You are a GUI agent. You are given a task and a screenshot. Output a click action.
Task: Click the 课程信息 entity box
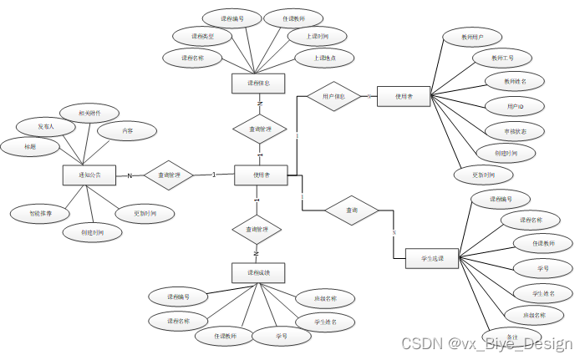click(x=258, y=83)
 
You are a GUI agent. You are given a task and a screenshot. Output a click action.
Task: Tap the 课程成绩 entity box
click(x=257, y=273)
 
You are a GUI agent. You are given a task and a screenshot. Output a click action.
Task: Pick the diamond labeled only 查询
click(x=352, y=210)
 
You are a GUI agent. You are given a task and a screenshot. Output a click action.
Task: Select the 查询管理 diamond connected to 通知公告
click(x=168, y=175)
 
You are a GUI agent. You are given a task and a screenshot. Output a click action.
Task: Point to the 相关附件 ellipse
click(x=84, y=113)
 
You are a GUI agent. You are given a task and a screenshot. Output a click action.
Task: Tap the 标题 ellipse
click(x=29, y=146)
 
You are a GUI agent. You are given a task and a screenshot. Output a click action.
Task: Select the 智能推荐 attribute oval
click(x=36, y=214)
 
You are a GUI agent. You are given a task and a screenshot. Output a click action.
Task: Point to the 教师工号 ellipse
click(x=497, y=58)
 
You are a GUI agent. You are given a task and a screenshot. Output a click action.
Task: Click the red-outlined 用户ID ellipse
click(x=515, y=107)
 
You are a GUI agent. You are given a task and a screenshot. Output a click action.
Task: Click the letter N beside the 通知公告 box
click(x=130, y=175)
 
